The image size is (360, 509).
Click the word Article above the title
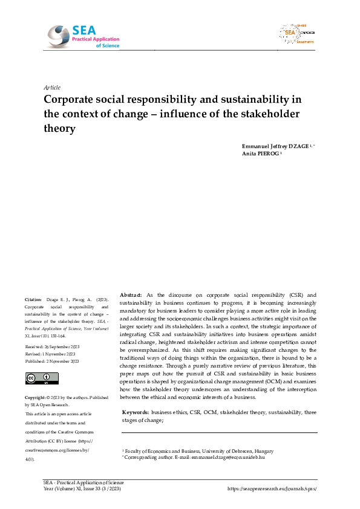(53, 87)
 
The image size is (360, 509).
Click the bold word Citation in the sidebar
(33, 299)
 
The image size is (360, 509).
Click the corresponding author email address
(232, 458)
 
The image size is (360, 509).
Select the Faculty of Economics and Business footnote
(198, 451)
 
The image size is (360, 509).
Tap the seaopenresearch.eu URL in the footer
(272, 488)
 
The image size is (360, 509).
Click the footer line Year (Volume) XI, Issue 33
(83, 488)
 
